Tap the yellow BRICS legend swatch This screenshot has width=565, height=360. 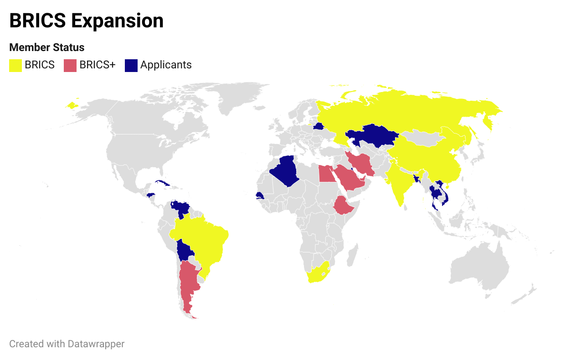tap(15, 65)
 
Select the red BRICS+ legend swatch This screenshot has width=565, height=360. tap(70, 65)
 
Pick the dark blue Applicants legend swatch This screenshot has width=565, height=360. tap(131, 65)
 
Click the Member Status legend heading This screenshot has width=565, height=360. tap(47, 47)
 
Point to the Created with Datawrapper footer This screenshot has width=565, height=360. tap(67, 344)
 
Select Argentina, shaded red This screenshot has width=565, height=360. tap(188, 283)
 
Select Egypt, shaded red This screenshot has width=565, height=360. tap(325, 174)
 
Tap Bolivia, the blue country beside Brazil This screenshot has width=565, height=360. tap(185, 251)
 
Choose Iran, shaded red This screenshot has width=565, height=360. tap(362, 164)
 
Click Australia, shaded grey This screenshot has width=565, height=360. tap(478, 269)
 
